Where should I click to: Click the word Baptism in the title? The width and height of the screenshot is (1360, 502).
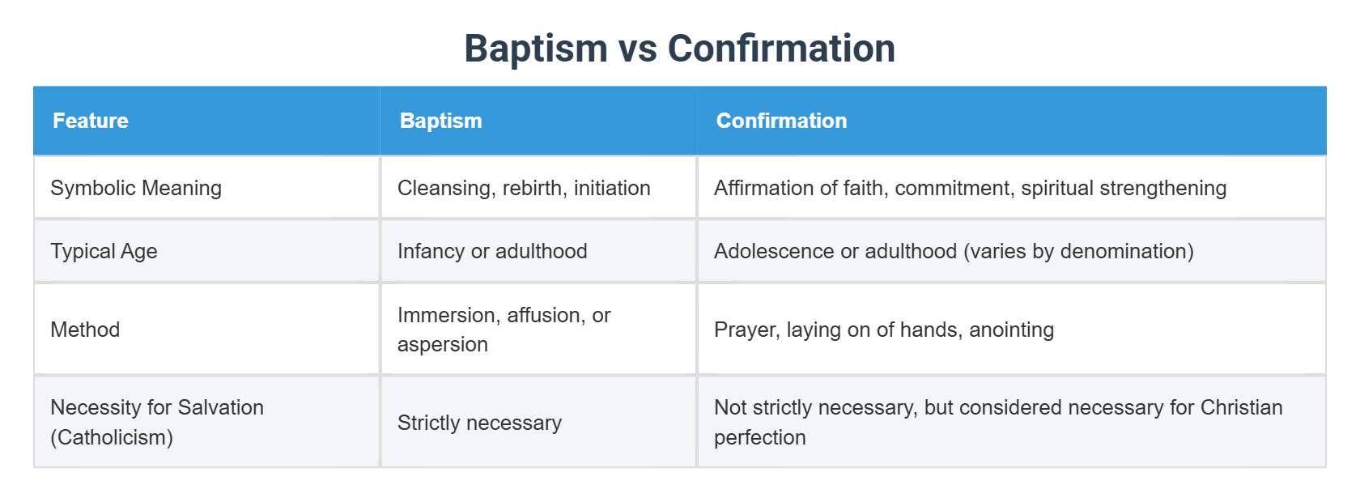click(x=535, y=49)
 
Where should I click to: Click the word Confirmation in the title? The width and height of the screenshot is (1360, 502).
click(x=781, y=49)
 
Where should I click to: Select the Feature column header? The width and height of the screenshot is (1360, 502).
click(x=91, y=121)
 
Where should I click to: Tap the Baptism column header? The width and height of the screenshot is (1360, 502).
click(x=440, y=121)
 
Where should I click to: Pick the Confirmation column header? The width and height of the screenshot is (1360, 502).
click(x=781, y=121)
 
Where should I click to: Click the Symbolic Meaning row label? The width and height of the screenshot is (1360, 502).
click(x=136, y=188)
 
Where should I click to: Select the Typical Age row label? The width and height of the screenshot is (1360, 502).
click(x=104, y=251)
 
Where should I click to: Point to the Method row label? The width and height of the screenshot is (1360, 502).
click(x=85, y=330)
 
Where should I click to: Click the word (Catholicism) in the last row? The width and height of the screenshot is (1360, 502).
click(x=112, y=437)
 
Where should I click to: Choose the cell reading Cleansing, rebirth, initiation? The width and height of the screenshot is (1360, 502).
click(x=524, y=188)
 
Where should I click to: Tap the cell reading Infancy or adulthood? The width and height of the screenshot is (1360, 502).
click(x=492, y=251)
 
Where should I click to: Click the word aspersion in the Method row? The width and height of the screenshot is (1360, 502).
click(x=442, y=344)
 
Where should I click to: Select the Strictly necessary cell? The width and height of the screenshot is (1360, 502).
click(x=479, y=423)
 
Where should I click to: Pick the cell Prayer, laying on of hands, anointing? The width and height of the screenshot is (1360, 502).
click(x=883, y=330)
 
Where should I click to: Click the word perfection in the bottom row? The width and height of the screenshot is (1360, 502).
click(x=759, y=437)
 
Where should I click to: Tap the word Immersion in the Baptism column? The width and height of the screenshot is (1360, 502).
click(x=444, y=315)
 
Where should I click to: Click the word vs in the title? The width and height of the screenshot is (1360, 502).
click(x=637, y=49)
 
